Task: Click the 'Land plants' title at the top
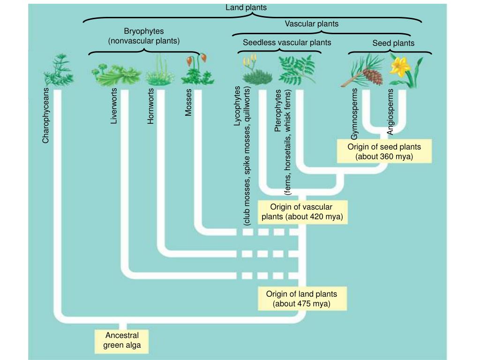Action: (x=246, y=7)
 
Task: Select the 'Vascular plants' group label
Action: (x=311, y=23)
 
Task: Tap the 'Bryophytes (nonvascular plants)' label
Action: (x=144, y=36)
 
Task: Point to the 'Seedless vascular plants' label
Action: (x=287, y=43)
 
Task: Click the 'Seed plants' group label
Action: (x=393, y=43)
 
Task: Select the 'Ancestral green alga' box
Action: (x=122, y=341)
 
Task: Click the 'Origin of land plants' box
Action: (x=301, y=299)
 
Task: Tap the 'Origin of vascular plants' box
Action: (x=302, y=212)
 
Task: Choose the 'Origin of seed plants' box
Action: (x=384, y=151)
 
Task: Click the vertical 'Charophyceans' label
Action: (x=45, y=115)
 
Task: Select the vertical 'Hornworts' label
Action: (x=150, y=106)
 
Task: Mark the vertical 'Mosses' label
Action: (x=188, y=102)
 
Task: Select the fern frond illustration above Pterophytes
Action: (x=296, y=68)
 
